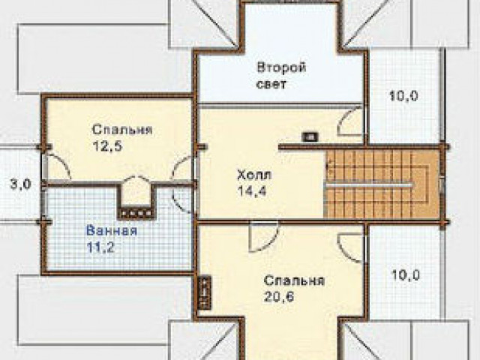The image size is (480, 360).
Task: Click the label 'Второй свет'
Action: click(281, 76)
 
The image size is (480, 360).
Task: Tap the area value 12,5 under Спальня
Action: click(107, 145)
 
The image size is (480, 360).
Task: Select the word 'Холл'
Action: click(254, 175)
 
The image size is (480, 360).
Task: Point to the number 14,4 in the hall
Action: click(252, 191)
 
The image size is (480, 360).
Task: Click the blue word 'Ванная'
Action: click(112, 230)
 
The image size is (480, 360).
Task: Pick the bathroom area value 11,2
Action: click(100, 247)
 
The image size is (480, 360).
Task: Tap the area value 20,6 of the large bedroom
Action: click(279, 296)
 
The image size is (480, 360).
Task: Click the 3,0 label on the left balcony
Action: click(21, 184)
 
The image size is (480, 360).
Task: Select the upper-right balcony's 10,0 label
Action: click(403, 96)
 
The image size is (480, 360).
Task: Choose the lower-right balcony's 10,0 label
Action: click(406, 275)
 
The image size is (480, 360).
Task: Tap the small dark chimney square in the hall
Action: click(310, 136)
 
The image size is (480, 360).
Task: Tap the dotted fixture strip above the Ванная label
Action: click(136, 213)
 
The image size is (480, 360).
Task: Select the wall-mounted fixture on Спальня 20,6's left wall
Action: click(204, 292)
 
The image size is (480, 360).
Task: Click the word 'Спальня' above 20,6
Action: click(294, 280)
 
